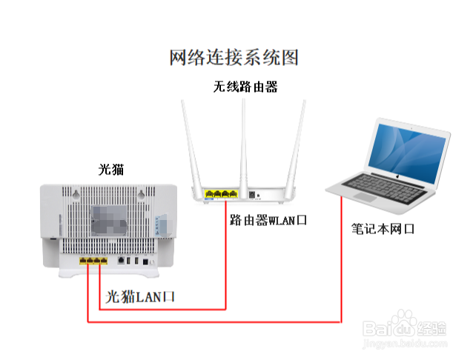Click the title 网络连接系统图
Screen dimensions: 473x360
(x=234, y=57)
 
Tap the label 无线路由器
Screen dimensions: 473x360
(x=245, y=87)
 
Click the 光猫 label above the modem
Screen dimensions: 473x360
(x=111, y=170)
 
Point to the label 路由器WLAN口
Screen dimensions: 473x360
(x=268, y=220)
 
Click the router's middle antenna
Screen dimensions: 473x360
(x=244, y=141)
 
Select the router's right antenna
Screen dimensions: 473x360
(x=297, y=144)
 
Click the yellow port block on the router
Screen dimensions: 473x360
(x=221, y=195)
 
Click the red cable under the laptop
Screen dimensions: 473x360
(x=341, y=259)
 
